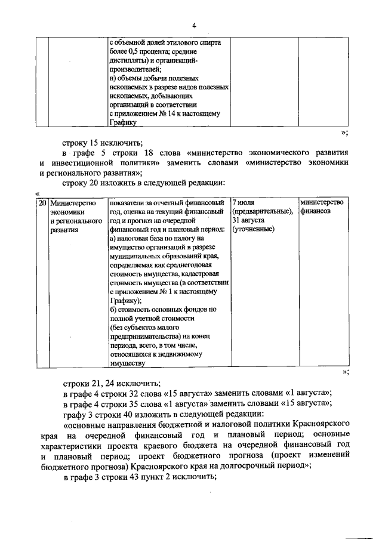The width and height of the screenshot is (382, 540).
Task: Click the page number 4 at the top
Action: tap(193, 25)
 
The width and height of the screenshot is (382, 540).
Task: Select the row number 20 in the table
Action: tap(41, 203)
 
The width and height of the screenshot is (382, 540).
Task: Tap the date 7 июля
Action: tap(244, 203)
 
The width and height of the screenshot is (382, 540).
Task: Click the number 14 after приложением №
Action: tap(173, 113)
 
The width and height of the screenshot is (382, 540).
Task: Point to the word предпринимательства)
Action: tap(142, 336)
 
